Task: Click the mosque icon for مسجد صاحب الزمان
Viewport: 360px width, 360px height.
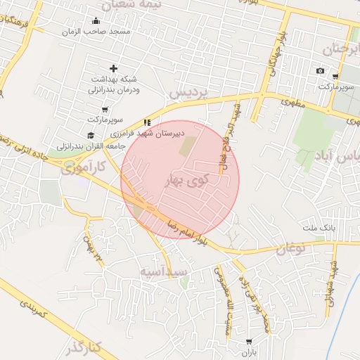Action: (x=96, y=20)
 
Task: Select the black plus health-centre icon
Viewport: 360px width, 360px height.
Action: (x=112, y=68)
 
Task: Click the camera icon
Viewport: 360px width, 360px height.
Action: (x=321, y=70)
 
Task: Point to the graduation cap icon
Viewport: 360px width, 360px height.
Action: (x=90, y=135)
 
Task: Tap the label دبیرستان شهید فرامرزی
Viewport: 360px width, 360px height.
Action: (x=149, y=132)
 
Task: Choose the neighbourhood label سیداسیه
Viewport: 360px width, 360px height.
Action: (x=162, y=271)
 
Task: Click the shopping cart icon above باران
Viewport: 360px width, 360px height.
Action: (x=249, y=341)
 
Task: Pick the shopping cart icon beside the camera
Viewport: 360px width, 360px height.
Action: (x=335, y=77)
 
